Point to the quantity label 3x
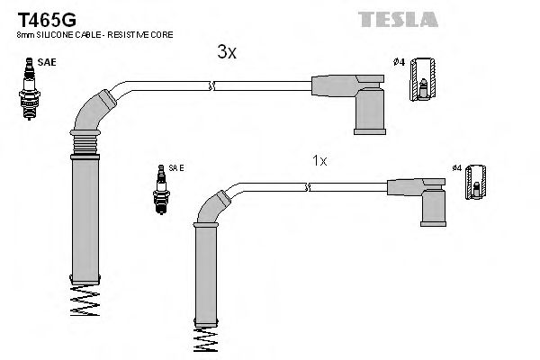[227, 53]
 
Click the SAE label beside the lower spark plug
[176, 167]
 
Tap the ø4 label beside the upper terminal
[399, 61]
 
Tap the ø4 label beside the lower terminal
[456, 168]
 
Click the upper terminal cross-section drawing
[425, 84]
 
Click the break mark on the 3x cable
[211, 85]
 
